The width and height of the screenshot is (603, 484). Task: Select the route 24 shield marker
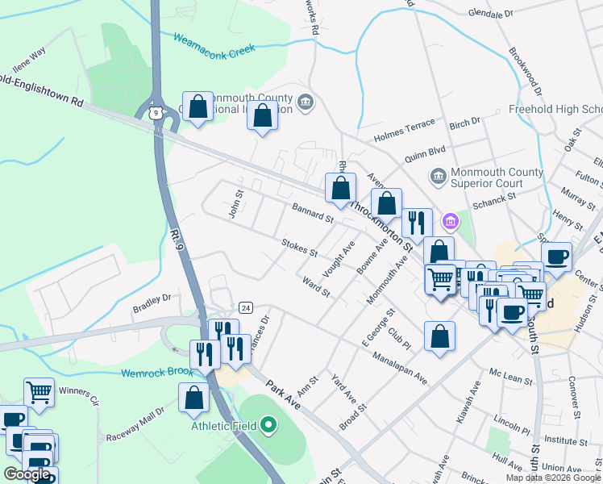pos(246,308)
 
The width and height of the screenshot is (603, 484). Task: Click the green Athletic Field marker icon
pos(270,425)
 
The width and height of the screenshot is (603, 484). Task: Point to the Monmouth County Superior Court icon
pos(438,175)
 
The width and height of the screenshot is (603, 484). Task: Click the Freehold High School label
pos(555,110)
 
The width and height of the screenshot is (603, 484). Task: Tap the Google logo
pos(27,474)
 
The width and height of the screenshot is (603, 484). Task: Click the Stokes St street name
pos(299,247)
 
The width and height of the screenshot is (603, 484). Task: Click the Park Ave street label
pos(283,395)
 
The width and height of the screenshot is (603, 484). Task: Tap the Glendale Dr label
pos(490,15)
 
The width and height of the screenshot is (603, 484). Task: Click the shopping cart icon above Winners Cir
pos(39,392)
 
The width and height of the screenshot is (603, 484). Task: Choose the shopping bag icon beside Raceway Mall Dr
pos(193,396)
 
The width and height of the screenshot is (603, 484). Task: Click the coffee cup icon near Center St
pos(556,257)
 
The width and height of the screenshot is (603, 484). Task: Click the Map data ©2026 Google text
pos(552,477)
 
